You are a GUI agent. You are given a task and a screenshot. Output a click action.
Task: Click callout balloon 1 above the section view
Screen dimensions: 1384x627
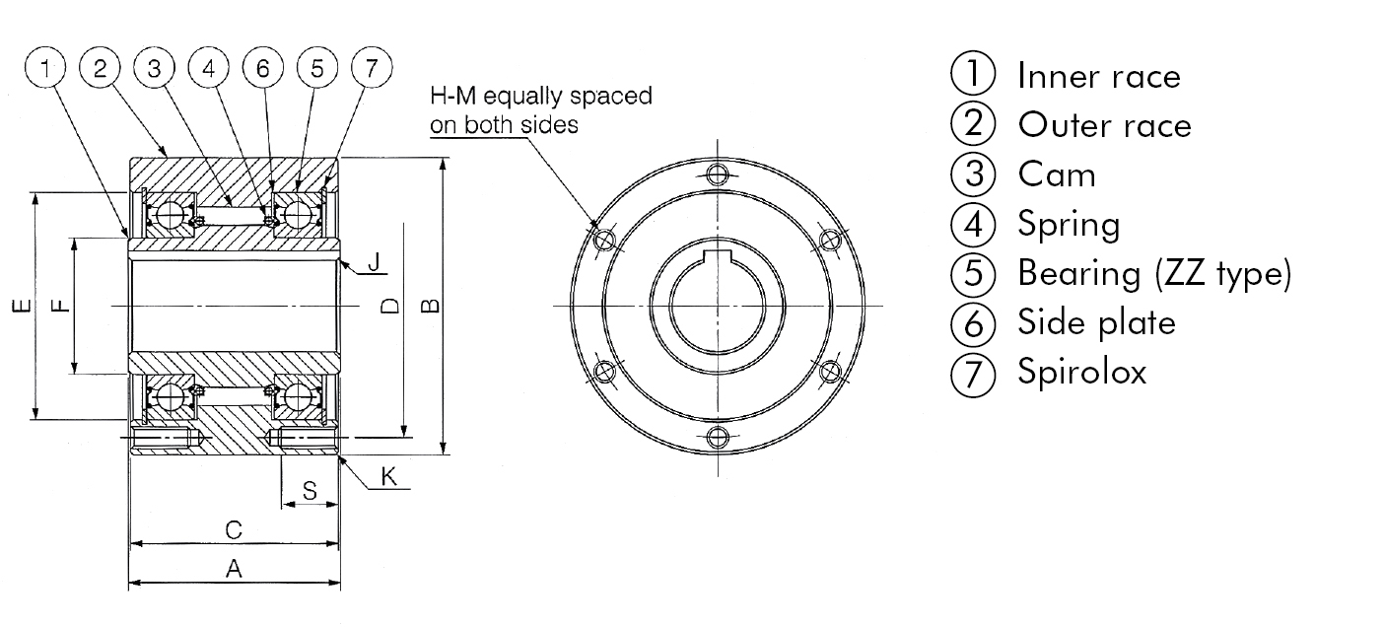tap(45, 68)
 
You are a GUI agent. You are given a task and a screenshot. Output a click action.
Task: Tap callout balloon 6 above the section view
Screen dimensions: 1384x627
tap(262, 68)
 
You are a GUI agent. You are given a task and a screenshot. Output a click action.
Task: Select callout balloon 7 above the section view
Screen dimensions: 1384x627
tap(372, 68)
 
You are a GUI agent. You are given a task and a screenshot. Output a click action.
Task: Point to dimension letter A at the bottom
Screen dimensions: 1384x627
tap(234, 568)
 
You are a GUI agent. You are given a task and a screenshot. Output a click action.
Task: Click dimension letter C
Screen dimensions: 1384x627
tap(234, 530)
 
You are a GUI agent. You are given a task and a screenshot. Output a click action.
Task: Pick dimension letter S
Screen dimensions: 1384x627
tap(310, 491)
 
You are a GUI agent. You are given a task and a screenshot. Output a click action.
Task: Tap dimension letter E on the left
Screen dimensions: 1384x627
tap(23, 306)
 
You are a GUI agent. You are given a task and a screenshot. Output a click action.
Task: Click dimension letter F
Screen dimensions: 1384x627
tap(60, 306)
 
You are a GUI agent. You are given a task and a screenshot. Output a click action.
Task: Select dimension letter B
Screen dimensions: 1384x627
tap(430, 306)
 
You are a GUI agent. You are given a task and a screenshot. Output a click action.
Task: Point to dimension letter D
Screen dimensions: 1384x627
tap(390, 306)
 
